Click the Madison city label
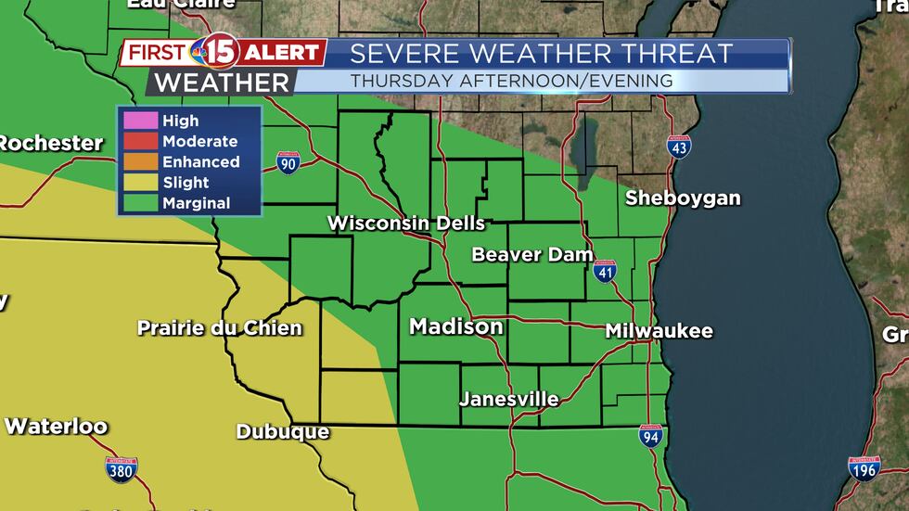point(456,326)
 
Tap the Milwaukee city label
point(659,331)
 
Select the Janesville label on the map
point(509,400)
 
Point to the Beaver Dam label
point(531,254)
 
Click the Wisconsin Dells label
point(406,224)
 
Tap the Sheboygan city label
point(683,198)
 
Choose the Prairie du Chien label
point(219,327)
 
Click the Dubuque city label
point(282,432)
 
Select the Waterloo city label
point(56,427)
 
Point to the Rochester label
point(51,143)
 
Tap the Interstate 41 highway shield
point(605,270)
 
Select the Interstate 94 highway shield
point(651,436)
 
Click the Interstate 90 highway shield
point(288,163)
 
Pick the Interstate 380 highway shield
point(122,469)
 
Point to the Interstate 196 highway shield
point(864,468)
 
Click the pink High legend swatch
point(136,121)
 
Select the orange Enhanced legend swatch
point(136,161)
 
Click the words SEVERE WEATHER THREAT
point(542,54)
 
